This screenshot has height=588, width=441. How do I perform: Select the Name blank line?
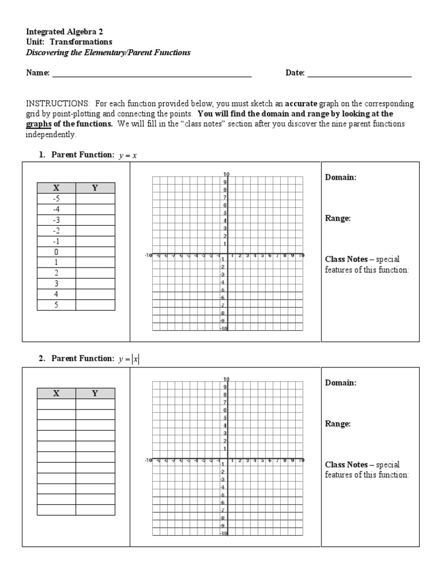coord(152,73)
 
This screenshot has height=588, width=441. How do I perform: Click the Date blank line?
coord(359,73)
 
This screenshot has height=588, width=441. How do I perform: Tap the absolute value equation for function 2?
coord(129,359)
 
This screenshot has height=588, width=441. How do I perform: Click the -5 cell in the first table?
coord(56,199)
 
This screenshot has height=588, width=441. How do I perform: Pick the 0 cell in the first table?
coord(56,252)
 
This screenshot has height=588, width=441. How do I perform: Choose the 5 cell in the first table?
coord(56,305)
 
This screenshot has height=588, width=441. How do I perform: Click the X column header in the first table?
coord(56,188)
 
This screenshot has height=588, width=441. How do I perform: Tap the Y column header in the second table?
coord(95,393)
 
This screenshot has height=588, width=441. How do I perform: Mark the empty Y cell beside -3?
coord(95,220)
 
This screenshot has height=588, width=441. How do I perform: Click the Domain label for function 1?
coord(341,177)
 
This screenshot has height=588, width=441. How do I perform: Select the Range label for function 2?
coord(338,424)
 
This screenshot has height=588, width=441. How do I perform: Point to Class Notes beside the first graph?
coord(346,260)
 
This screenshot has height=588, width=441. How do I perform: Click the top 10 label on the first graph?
coord(226,175)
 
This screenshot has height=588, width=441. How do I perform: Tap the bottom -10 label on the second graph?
coord(224,533)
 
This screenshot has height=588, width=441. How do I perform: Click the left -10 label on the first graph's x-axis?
coord(148,256)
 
